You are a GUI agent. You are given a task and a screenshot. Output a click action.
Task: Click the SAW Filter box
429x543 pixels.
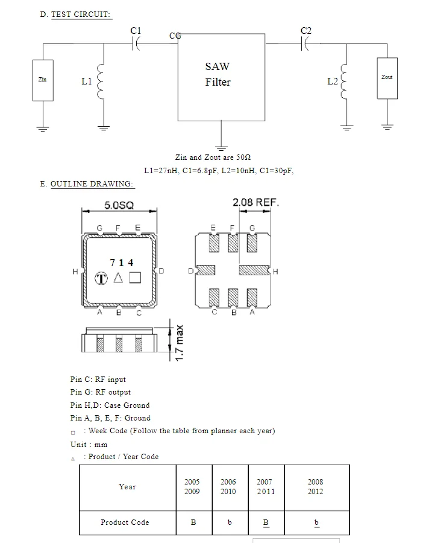pyautogui.click(x=221, y=77)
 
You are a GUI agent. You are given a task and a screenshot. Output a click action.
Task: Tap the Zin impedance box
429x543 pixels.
pyautogui.click(x=43, y=80)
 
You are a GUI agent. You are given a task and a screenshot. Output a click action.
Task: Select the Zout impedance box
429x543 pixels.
pyautogui.click(x=387, y=78)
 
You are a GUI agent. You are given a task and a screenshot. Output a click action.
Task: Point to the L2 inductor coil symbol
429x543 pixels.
pyautogui.click(x=344, y=81)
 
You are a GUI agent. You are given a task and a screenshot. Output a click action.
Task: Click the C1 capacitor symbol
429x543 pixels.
pyautogui.click(x=136, y=44)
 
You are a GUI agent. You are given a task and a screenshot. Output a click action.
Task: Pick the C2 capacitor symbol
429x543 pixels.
pyautogui.click(x=305, y=43)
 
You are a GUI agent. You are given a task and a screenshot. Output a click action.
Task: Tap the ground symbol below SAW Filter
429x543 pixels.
pyautogui.click(x=221, y=148)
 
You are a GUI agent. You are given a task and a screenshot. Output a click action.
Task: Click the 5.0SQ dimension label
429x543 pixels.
pyautogui.click(x=119, y=205)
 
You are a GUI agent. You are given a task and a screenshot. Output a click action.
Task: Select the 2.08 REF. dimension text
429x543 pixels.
pyautogui.click(x=255, y=202)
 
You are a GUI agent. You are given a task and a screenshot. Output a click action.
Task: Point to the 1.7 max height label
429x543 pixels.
pyautogui.click(x=179, y=343)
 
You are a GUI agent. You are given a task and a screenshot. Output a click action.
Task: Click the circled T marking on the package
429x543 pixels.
pyautogui.click(x=101, y=278)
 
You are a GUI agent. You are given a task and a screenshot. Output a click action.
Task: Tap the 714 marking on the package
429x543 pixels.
pyautogui.click(x=122, y=263)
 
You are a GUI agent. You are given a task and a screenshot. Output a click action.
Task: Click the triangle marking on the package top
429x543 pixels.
pyautogui.click(x=118, y=278)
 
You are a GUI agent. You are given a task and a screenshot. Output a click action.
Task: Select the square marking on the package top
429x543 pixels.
pyautogui.click(x=135, y=278)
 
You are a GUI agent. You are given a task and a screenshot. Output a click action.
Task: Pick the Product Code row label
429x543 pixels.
pyautogui.click(x=125, y=522)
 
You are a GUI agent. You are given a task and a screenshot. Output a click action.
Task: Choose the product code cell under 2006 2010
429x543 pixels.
pyautogui.click(x=230, y=523)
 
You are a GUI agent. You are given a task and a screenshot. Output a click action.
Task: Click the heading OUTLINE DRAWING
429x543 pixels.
pyautogui.click(x=92, y=184)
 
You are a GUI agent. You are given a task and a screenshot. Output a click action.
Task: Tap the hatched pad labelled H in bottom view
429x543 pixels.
pyautogui.click(x=254, y=270)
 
